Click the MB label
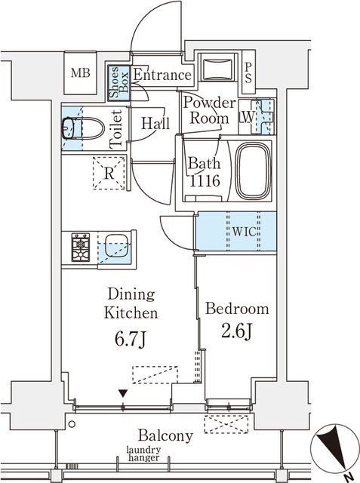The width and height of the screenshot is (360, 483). click(80, 73)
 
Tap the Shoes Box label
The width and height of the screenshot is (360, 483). click(119, 82)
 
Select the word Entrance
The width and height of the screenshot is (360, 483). click(162, 75)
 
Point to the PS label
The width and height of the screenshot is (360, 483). click(248, 73)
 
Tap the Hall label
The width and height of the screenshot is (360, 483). click(155, 124)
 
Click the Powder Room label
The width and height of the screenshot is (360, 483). click(209, 111)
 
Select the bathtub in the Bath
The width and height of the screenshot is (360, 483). click(254, 171)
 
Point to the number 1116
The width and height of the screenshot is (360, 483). click(205, 180)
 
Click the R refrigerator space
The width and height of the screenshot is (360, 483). click(109, 173)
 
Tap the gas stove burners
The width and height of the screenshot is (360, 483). click(81, 248)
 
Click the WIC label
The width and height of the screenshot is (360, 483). click(244, 232)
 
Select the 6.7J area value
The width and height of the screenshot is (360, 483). click(130, 339)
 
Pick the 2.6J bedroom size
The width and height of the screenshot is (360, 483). click(237, 331)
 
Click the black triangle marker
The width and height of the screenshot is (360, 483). click(123, 393)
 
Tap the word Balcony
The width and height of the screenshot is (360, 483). click(165, 436)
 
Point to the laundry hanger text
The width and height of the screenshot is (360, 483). click(144, 454)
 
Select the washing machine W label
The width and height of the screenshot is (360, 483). click(248, 117)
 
